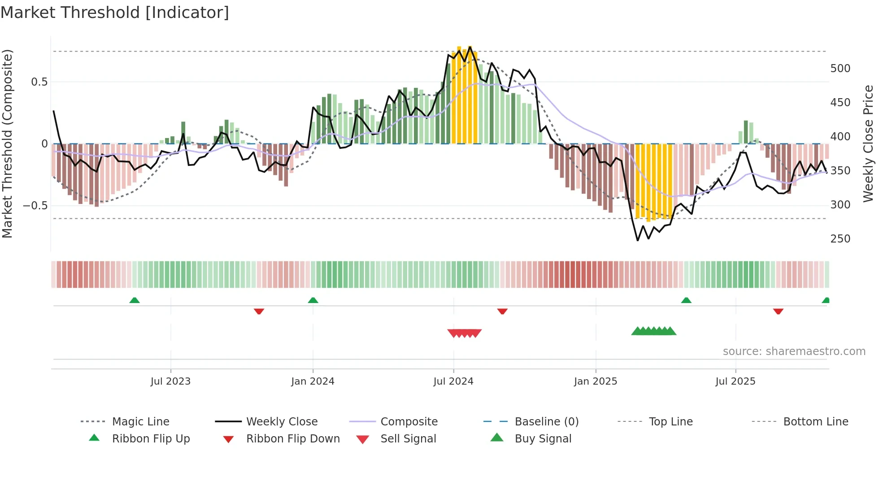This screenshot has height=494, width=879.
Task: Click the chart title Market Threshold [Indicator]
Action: [115, 13]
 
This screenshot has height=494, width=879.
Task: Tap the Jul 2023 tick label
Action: [170, 381]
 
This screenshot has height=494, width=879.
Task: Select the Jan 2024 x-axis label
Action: [313, 381]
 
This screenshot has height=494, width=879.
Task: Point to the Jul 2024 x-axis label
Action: [453, 381]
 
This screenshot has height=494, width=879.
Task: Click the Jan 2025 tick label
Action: [596, 381]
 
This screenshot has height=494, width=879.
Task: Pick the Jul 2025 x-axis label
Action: [735, 381]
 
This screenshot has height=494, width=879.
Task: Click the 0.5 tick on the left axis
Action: [39, 82]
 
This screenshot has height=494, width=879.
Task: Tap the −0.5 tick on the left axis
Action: [35, 206]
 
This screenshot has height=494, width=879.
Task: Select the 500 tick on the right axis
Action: [840, 69]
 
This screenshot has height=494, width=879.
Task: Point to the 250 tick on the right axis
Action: [840, 239]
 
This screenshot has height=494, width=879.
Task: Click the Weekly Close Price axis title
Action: [868, 143]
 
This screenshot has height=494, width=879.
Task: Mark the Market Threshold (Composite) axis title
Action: [7, 143]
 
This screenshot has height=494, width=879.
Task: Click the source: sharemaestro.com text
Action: [794, 351]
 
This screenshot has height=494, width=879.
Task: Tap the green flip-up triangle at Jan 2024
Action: [313, 300]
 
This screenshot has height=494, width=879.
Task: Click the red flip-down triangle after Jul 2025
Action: [778, 311]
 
